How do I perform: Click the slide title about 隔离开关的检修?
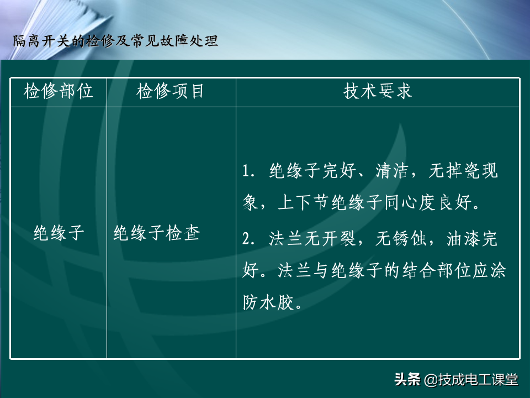pos(115,41)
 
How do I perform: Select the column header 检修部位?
pos(58,91)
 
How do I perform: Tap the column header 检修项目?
pos(170,91)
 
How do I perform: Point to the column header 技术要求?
pos(378,91)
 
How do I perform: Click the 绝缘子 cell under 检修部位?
pos(59,233)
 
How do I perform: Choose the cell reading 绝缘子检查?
pos(157,233)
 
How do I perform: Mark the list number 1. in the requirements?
pos(248,171)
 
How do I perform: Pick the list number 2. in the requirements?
pos(248,239)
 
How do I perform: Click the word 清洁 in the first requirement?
pos(392,170)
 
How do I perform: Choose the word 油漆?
pos(463,238)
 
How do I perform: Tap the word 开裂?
pos(339,238)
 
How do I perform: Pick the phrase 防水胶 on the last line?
pos(268,302)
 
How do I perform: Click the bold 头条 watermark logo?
pos(407,379)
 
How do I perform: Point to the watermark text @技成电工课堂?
pos(471,380)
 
